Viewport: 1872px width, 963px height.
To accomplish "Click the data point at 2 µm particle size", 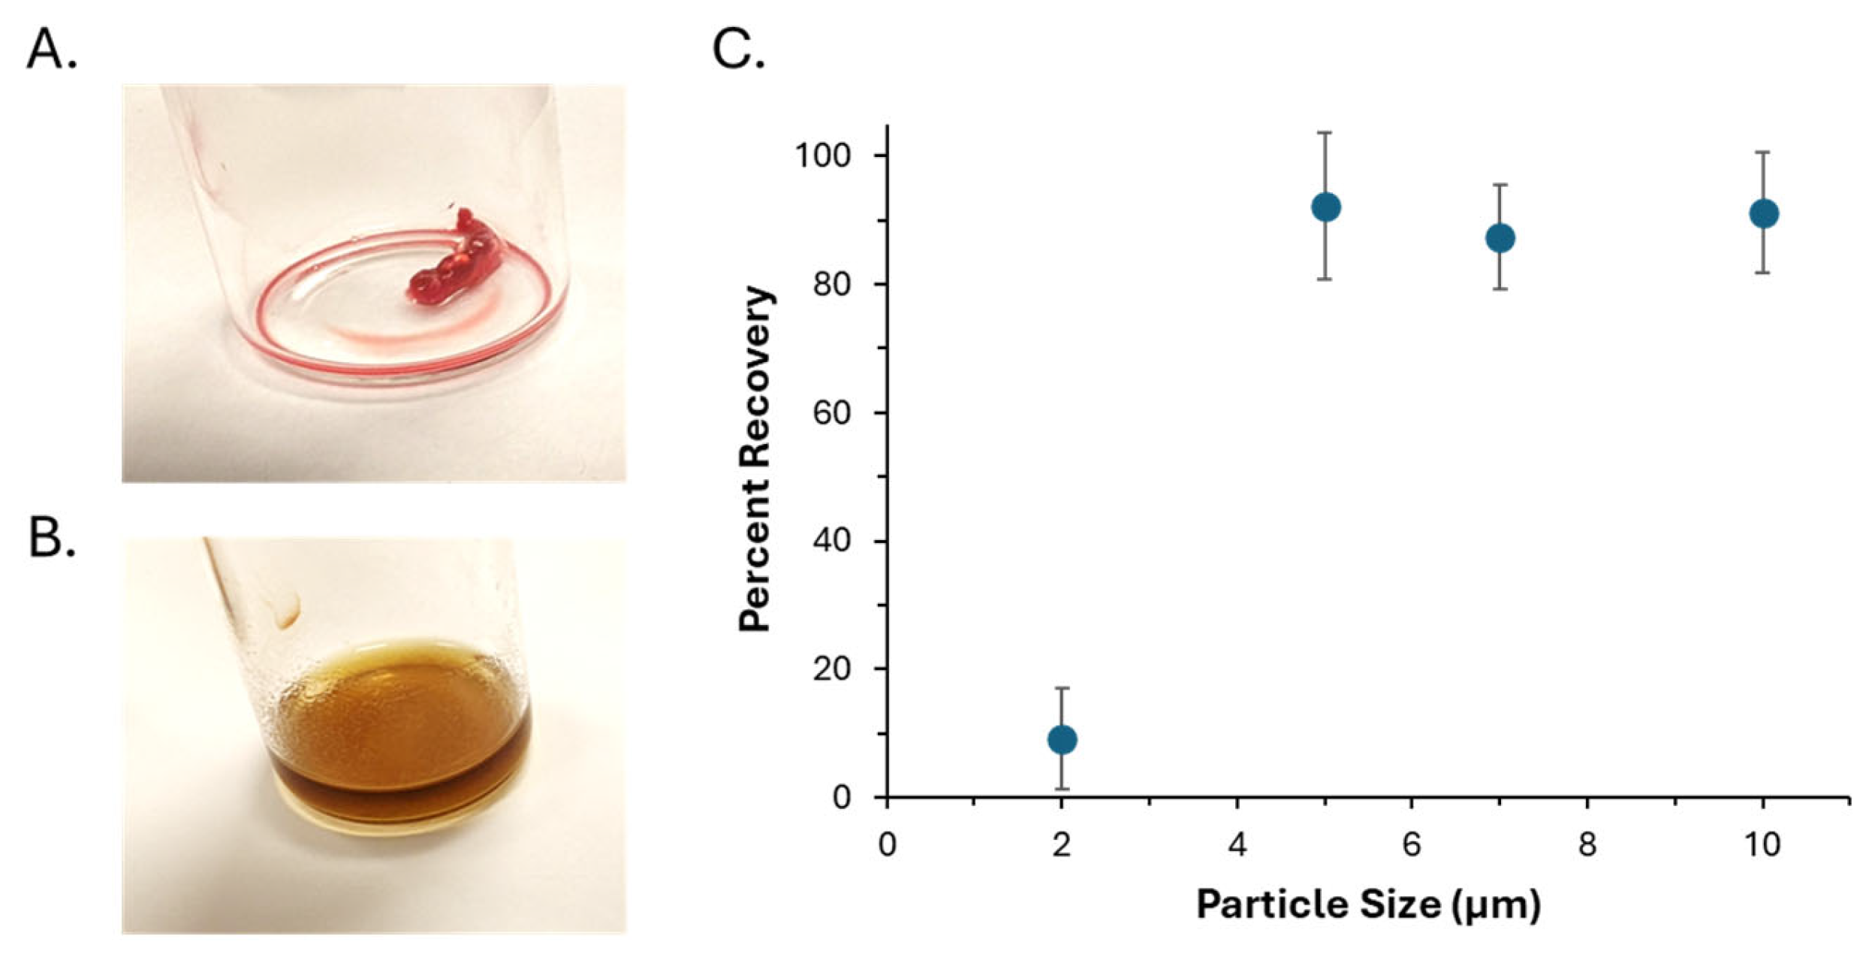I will click(1061, 740).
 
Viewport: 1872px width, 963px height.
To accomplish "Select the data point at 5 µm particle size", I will click(1325, 207).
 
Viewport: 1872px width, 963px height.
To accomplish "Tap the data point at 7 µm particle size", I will click(1500, 238).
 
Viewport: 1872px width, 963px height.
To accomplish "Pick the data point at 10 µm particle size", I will click(1763, 214).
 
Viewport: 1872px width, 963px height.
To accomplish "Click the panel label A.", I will click(51, 51).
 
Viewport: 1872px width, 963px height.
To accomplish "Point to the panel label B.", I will click(51, 539).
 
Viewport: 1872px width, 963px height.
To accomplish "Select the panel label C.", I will click(738, 51).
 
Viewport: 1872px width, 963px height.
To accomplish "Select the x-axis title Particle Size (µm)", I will click(1368, 904).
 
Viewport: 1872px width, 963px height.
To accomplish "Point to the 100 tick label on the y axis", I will click(822, 155).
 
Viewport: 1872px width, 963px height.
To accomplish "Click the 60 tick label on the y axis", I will click(831, 412).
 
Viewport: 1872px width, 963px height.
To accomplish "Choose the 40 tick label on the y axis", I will click(831, 541).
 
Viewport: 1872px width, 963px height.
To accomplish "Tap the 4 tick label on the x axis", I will click(1237, 845).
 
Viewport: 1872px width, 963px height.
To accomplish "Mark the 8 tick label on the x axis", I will click(1587, 845).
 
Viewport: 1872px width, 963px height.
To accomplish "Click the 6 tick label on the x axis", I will click(1411, 845).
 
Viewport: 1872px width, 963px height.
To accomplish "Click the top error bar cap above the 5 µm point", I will click(1325, 133).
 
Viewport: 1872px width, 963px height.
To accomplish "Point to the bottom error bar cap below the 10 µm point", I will click(1763, 273).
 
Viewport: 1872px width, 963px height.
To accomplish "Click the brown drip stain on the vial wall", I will click(289, 610).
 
